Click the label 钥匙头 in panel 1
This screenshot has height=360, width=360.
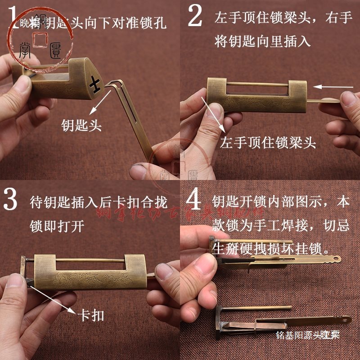click(x=81, y=126)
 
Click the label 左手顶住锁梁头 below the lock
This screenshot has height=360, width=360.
click(x=268, y=143)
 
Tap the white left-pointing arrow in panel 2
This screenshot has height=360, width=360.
click(x=333, y=86)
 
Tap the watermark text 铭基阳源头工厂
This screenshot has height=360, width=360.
click(x=308, y=335)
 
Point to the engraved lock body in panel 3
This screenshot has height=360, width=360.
click(x=90, y=272)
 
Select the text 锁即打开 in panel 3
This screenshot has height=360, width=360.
click(x=57, y=225)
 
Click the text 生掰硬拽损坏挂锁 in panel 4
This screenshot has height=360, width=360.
click(x=270, y=247)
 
